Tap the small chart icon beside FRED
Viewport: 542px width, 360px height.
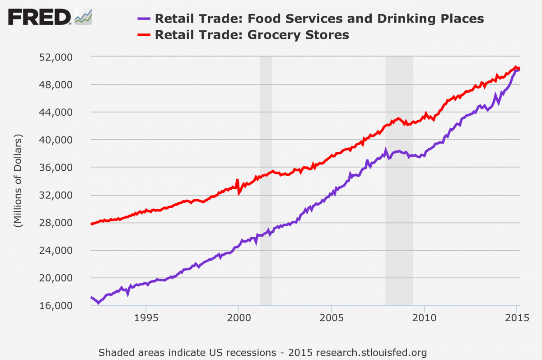[83, 17]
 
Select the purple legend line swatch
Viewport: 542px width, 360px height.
[143, 19]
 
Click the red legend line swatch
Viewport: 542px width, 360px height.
[143, 35]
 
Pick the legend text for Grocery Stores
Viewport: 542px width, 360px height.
[252, 35]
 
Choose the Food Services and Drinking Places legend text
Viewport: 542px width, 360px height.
[319, 19]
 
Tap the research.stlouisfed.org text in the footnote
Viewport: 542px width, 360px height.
[371, 352]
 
